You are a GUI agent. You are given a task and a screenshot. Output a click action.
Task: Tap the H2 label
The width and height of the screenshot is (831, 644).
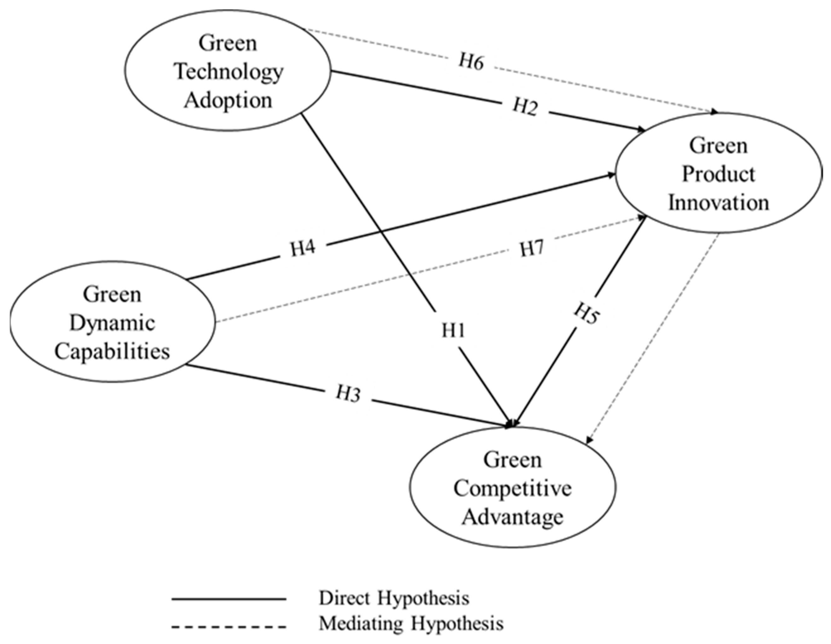525,107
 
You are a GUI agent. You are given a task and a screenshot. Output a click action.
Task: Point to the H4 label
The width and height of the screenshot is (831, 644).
303,249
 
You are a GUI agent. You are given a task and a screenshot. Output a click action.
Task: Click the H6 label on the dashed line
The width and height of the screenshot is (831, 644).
471,61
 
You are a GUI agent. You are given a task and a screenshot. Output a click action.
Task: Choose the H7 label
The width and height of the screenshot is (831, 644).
532,249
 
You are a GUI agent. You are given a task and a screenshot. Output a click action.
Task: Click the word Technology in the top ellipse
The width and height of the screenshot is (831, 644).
229,72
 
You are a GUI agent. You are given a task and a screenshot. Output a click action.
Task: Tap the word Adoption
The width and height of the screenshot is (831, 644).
228,101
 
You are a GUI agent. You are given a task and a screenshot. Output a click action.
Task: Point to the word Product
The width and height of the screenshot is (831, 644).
718,175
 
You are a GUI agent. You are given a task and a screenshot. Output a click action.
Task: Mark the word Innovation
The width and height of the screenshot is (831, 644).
718,203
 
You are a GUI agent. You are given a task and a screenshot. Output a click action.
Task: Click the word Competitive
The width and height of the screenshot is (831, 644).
512,489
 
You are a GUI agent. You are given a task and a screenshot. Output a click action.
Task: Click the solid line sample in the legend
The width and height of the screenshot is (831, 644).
229,599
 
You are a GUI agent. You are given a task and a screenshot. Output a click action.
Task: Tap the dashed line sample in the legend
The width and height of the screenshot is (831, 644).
229,626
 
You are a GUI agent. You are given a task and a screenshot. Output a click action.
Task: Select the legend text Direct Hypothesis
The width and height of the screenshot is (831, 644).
394,599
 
